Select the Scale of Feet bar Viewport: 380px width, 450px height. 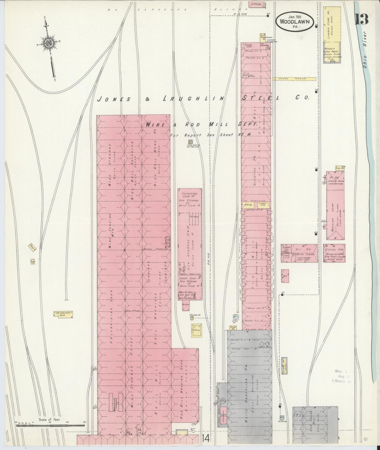pyautogui.click(x=50, y=424)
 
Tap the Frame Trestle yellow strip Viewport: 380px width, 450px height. pyautogui.click(x=294, y=79)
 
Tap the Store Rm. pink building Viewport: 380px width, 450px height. pyautogui.click(x=334, y=253)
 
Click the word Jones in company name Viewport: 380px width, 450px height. pyautogui.click(x=114, y=99)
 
